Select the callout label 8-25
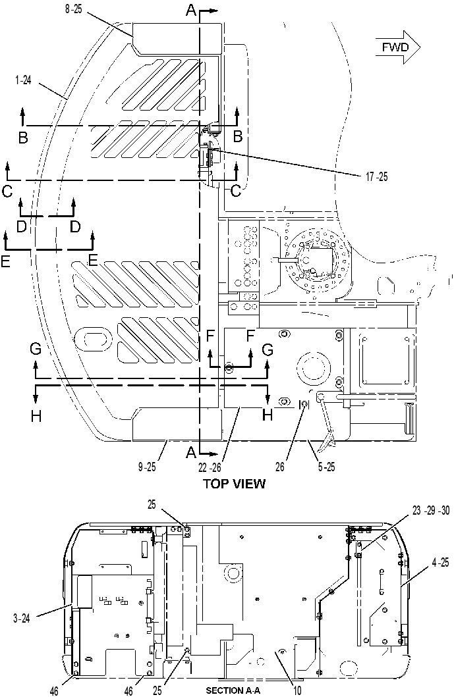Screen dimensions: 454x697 point(73,10)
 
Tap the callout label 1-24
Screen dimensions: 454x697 point(22,80)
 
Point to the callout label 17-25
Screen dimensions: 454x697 point(376,177)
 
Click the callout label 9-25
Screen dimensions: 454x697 point(147,467)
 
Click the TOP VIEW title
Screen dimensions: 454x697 point(234,484)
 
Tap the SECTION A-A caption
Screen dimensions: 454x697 point(233,690)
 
